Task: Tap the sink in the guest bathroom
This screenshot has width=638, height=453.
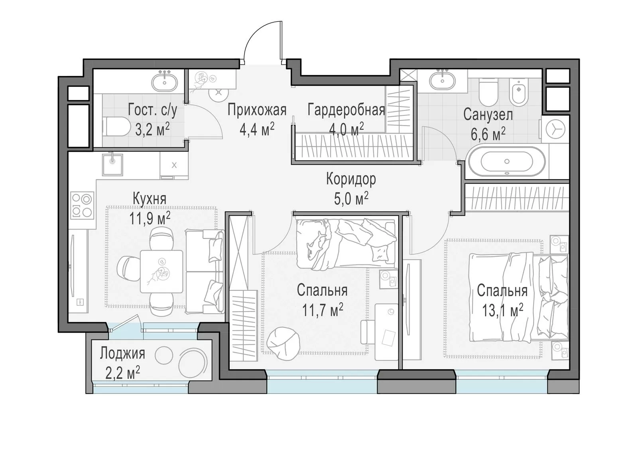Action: (164, 82)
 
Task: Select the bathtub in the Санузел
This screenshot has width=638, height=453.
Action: (507, 161)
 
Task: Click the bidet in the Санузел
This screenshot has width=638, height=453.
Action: (518, 92)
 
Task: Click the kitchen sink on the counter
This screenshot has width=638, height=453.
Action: (113, 165)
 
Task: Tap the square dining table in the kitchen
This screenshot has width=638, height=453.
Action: (161, 271)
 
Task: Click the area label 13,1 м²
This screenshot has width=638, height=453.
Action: (502, 310)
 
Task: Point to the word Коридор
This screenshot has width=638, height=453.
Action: (351, 180)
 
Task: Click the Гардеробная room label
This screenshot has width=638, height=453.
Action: (346, 110)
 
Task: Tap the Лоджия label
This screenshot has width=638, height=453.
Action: (122, 354)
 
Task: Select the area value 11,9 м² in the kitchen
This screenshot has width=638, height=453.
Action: (150, 219)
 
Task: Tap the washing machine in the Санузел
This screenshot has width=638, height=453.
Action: (555, 129)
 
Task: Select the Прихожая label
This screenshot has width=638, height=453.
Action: (257, 110)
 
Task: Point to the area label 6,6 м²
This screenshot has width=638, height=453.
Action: (488, 134)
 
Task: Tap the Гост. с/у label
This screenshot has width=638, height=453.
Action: (152, 110)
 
